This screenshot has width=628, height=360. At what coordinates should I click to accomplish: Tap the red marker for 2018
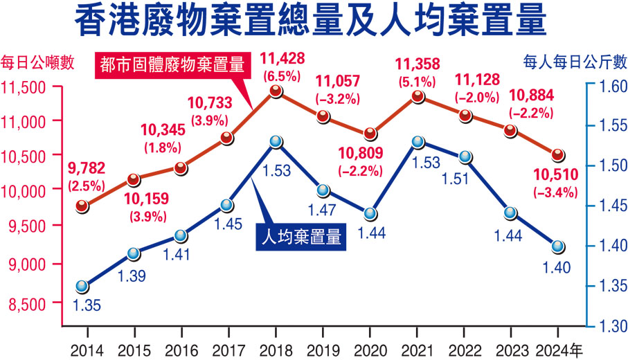coord(276,91)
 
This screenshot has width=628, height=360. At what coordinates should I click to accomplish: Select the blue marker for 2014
coord(82,286)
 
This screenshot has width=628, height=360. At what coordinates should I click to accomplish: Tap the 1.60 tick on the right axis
coord(607,87)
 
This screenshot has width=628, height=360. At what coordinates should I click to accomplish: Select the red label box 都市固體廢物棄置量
coord(173,66)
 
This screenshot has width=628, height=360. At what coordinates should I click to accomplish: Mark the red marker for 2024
coord(558,154)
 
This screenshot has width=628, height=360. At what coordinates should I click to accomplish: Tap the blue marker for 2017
coord(226,205)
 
